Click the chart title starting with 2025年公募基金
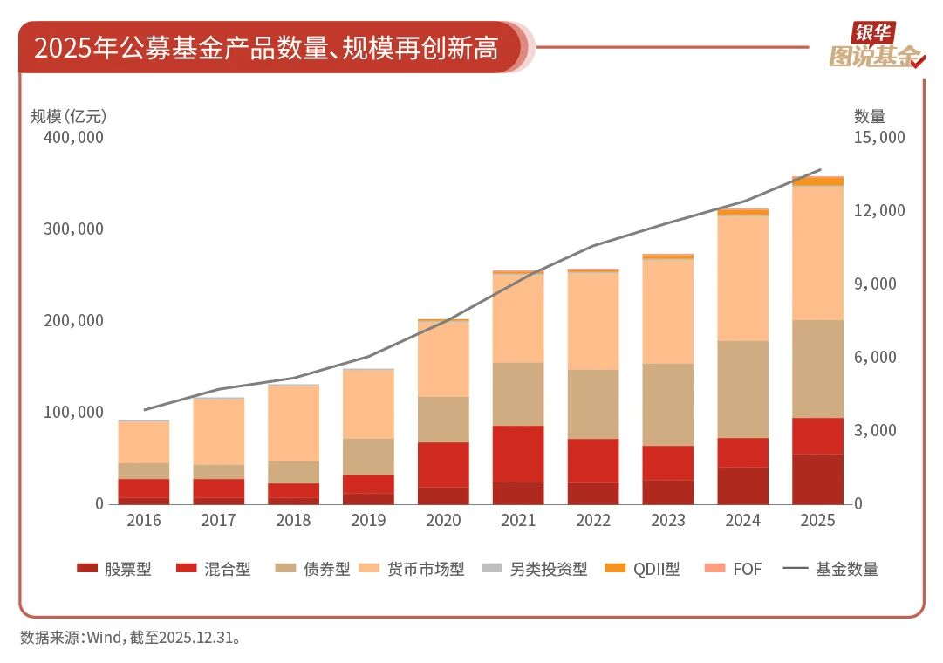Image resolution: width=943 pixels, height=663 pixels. (266, 47)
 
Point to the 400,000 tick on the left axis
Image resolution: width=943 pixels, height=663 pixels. (73, 137)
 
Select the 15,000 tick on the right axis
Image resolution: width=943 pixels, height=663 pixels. (879, 137)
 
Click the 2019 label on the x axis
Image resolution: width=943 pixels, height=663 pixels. (368, 520)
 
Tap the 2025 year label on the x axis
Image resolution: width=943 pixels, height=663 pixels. (817, 520)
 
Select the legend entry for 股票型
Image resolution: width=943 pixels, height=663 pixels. (114, 569)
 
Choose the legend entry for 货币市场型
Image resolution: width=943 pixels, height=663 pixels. (413, 569)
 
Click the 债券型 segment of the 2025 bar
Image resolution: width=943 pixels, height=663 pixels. (817, 368)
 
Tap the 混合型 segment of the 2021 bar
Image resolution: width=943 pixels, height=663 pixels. (518, 454)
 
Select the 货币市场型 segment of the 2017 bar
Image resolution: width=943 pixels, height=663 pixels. (219, 431)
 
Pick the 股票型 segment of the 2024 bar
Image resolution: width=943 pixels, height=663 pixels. (742, 486)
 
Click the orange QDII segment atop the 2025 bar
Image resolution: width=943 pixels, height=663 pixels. (817, 181)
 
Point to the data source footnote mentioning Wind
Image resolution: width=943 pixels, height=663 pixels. (131, 637)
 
